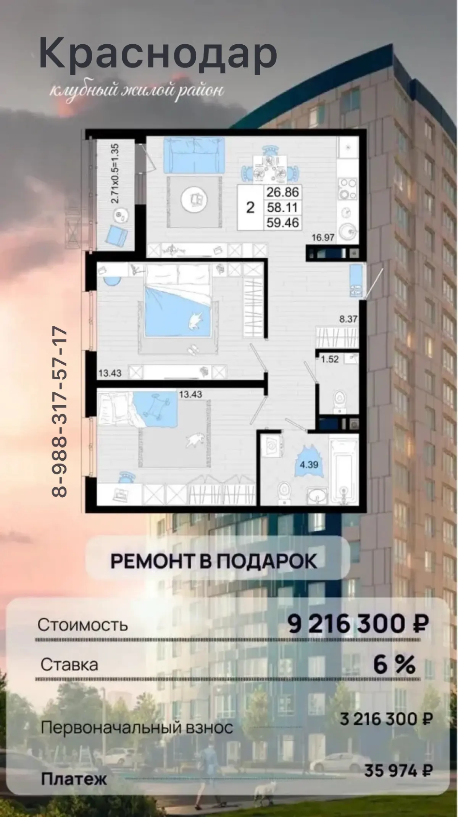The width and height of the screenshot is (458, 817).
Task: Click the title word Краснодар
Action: (158, 55)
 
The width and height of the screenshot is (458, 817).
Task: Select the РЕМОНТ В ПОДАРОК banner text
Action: (214, 561)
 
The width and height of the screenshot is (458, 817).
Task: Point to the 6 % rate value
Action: (394, 665)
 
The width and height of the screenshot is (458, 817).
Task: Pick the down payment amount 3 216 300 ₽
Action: (386, 720)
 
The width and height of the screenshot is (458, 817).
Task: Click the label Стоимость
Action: (82, 625)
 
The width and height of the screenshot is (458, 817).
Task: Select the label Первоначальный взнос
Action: (137, 728)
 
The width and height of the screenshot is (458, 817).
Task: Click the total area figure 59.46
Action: (282, 222)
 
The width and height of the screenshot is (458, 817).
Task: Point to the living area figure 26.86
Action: (282, 192)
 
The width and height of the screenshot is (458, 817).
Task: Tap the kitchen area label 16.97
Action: (323, 238)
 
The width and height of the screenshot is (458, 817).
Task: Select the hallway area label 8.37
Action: (348, 319)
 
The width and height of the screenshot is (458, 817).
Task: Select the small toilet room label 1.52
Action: (330, 359)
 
